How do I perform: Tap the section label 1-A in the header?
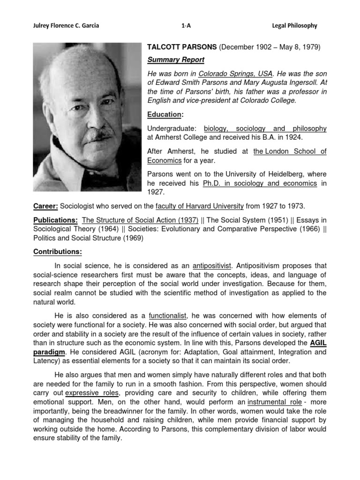click(x=186, y=26)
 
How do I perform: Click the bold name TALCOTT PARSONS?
click(x=181, y=47)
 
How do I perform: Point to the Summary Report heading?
click(x=176, y=60)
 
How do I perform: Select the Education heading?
click(x=164, y=114)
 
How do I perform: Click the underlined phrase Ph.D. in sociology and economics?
click(x=260, y=183)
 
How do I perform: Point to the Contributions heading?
click(x=58, y=252)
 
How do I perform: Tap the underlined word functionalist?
click(x=168, y=315)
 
